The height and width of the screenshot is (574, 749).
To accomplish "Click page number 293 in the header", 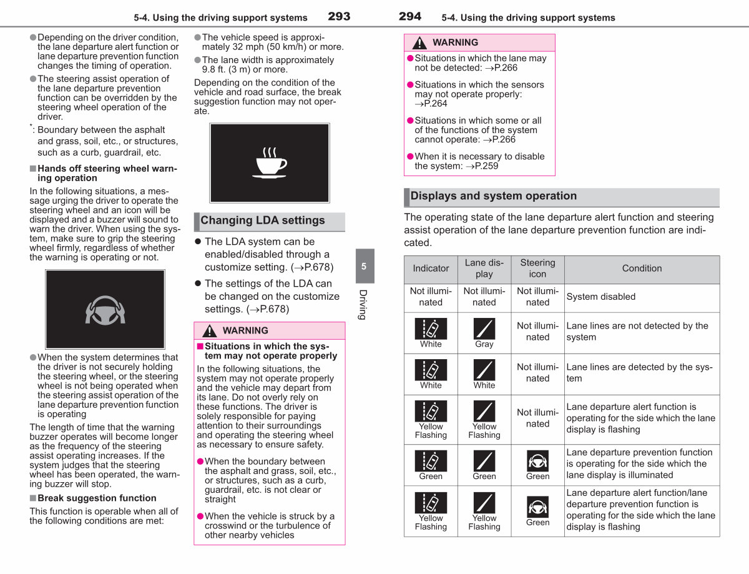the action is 339,16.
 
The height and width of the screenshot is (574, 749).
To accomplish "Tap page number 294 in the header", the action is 410,16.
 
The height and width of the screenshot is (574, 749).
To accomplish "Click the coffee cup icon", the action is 270,163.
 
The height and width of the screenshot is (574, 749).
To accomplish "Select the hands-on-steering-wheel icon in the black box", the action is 105,310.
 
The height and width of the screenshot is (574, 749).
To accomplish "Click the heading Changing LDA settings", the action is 263,220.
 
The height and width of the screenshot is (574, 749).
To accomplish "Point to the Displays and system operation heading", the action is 494,196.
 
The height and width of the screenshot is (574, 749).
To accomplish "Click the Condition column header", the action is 642,268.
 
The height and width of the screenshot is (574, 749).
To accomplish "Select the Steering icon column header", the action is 537,268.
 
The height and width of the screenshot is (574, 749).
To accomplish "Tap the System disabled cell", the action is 601,297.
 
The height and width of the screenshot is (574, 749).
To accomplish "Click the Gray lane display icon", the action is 484,329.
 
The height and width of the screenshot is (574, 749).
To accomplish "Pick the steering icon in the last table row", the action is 537,507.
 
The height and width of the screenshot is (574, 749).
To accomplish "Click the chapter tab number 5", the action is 364,266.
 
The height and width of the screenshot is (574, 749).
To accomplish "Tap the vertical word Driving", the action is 363,305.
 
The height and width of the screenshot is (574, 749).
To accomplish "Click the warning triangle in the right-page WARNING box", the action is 419,42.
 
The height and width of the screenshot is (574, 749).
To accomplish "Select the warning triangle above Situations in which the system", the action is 210,331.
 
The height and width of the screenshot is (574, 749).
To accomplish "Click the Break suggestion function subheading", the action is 97,498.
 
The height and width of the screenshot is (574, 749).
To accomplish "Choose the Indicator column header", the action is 431,268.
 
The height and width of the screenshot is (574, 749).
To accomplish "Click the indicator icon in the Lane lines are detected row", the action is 431,370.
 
